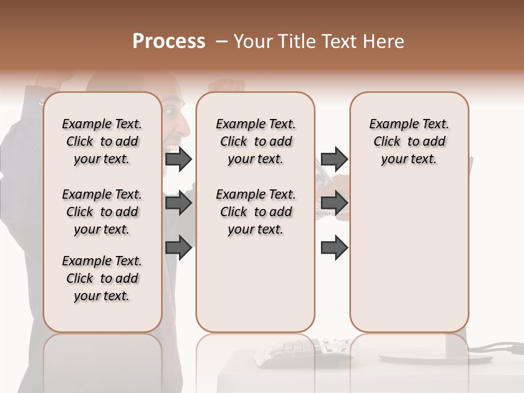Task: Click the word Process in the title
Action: [169, 41]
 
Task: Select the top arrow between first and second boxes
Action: [178, 159]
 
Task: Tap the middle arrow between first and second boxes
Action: [178, 203]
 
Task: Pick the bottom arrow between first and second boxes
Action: [178, 247]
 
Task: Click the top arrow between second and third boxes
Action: [334, 159]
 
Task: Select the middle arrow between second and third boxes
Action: [334, 203]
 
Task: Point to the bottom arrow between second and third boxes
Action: [334, 247]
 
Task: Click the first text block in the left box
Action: [102, 141]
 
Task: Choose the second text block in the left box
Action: [102, 212]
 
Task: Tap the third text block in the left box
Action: [102, 278]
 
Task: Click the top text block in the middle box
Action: [255, 141]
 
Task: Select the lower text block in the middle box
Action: [255, 212]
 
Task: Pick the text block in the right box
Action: [409, 141]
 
